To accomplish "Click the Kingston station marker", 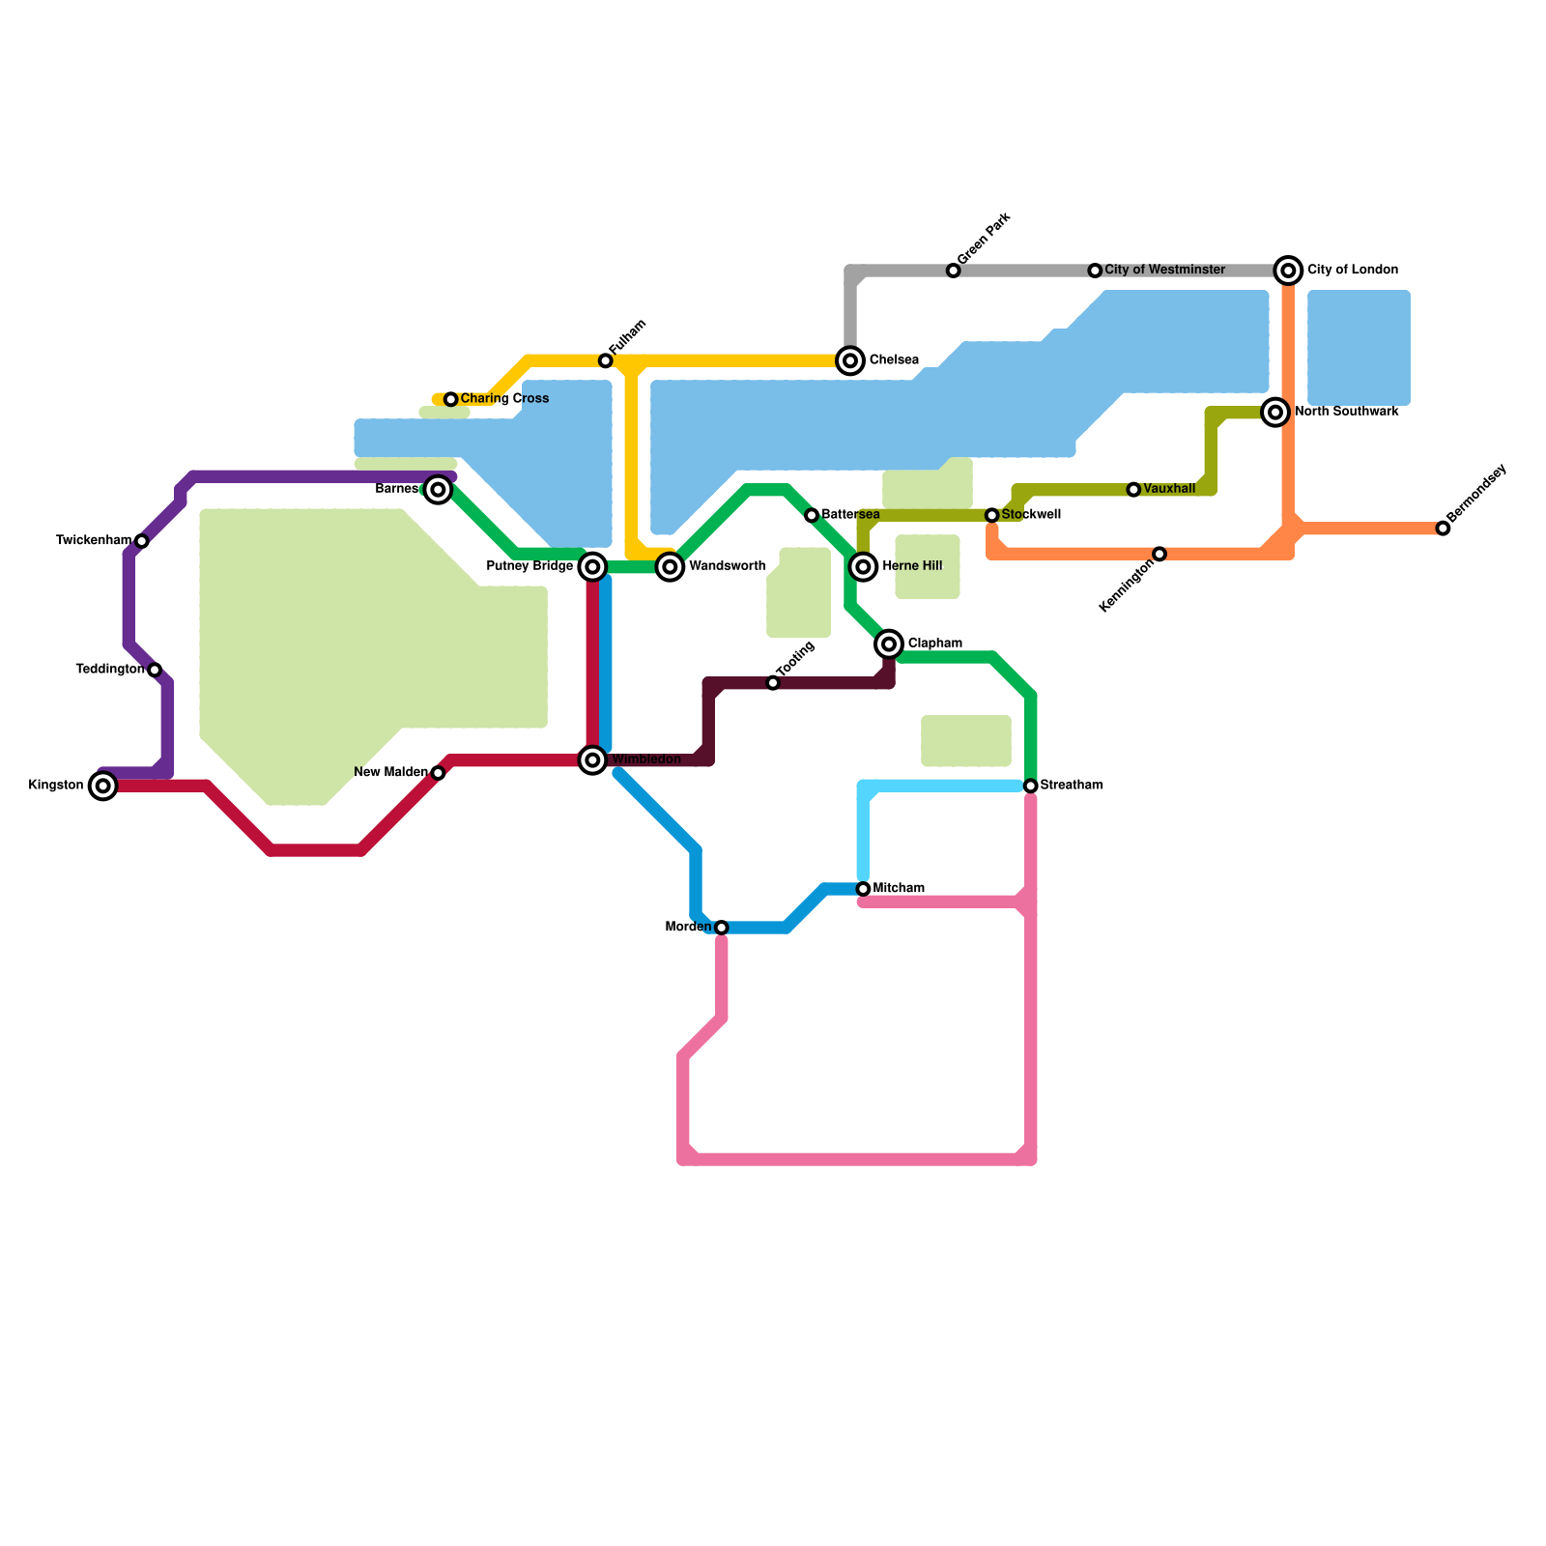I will click(x=103, y=787).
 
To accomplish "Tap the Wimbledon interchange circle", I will click(x=593, y=760).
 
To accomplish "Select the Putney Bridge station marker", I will click(x=593, y=567).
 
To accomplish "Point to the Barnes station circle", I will click(x=439, y=490).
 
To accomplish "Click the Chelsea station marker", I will click(x=850, y=361).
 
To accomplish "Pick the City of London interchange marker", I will click(x=1288, y=271).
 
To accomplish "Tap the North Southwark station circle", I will click(x=1275, y=413).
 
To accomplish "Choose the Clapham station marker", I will click(x=889, y=644).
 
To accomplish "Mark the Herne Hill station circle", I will click(x=864, y=566).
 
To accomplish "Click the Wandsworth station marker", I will click(x=670, y=567).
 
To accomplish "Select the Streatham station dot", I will click(x=1031, y=787).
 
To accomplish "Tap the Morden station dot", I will click(x=721, y=928).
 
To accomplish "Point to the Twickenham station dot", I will click(x=142, y=541).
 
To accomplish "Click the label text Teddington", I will click(x=109, y=670).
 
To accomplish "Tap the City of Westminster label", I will click(x=1164, y=271).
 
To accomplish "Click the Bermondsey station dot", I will click(x=1443, y=529).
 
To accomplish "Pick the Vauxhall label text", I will click(x=1169, y=490).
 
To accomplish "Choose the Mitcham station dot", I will click(x=864, y=889).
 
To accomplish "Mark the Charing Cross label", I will click(x=504, y=399).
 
